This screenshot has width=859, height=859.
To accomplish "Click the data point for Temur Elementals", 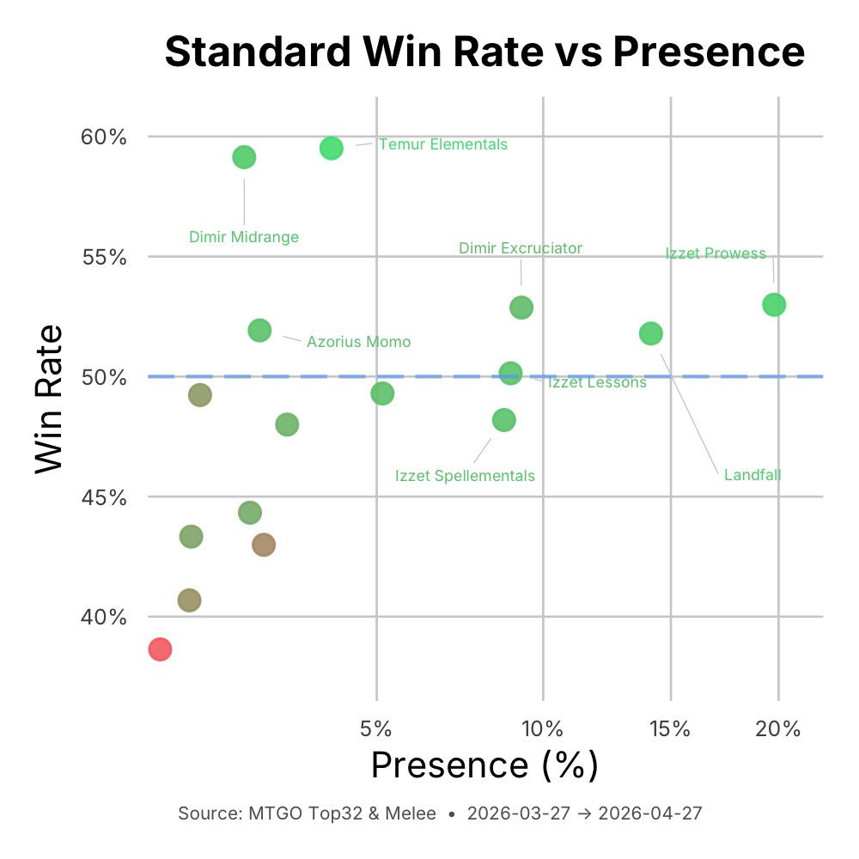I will [332, 148].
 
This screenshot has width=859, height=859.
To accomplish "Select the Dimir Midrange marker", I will [244, 157].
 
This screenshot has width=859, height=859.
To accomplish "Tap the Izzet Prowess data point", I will [774, 305].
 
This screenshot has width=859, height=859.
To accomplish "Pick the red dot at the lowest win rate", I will [160, 649].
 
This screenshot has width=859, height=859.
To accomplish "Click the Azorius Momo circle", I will [259, 331].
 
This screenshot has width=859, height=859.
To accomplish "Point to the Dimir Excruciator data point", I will [521, 308].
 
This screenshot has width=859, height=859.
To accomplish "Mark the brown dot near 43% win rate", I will [264, 545].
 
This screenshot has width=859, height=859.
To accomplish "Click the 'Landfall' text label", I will [752, 475].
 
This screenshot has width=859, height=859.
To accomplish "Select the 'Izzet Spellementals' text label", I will [465, 476].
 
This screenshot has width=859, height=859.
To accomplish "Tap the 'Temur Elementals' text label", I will [443, 144].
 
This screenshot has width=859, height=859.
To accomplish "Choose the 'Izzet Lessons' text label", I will [597, 383].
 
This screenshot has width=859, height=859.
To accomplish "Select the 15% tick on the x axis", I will [670, 729].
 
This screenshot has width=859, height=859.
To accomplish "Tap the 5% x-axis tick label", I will [376, 729].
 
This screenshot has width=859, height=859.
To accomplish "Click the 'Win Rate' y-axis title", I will [51, 398].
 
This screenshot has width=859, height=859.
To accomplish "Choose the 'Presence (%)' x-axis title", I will [484, 765].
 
